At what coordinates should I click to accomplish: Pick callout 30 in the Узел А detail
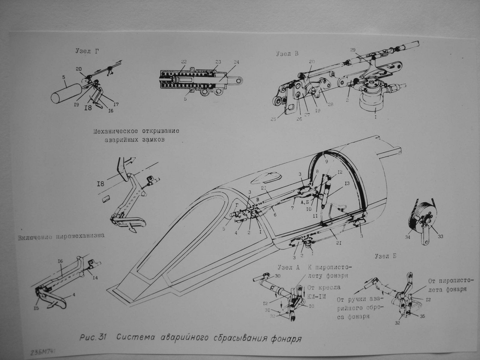point(277,276)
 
